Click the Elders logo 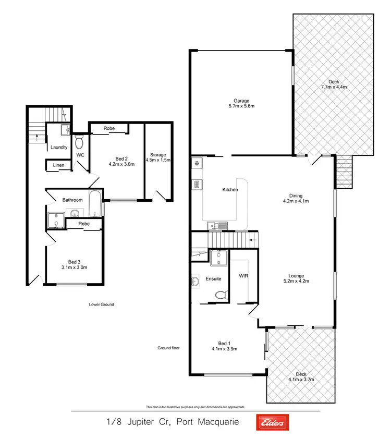coord(271,423)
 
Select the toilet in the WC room coord(80,142)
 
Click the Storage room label coord(158,155)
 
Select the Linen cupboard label coord(58,166)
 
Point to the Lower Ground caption coord(102,304)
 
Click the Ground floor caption coord(168,348)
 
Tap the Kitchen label coord(230,190)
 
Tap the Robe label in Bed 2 coord(109,128)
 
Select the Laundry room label coord(59,147)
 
